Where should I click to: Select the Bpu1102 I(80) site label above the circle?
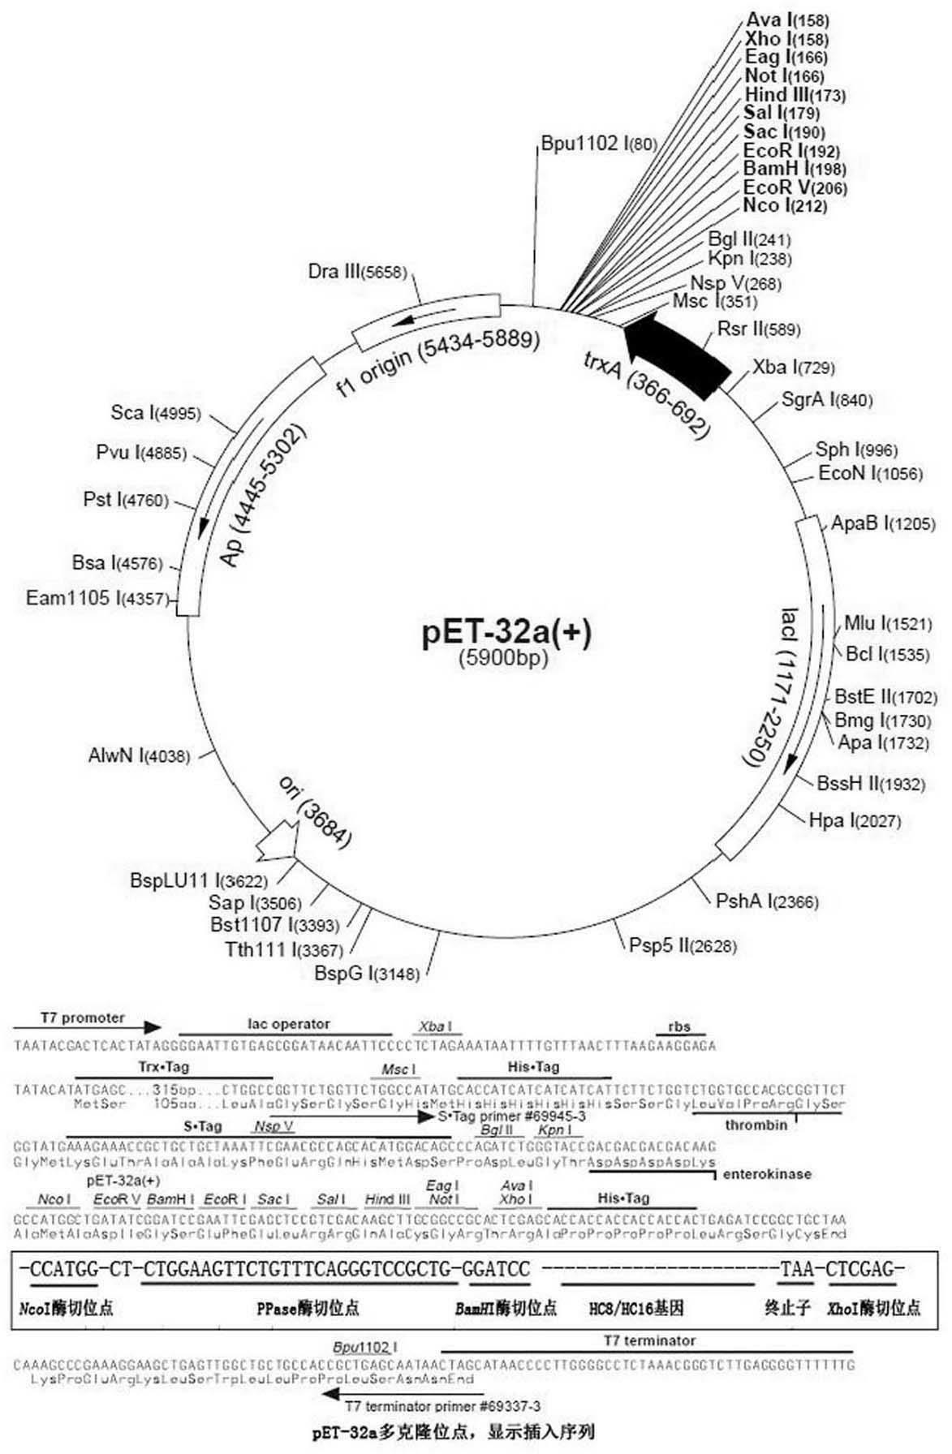coord(599,144)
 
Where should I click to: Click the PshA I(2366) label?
coord(767,901)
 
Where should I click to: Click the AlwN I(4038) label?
coord(139,756)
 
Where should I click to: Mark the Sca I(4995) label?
coord(155,413)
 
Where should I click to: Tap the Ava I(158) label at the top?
coord(775,20)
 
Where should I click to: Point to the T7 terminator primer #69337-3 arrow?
coord(357,1393)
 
